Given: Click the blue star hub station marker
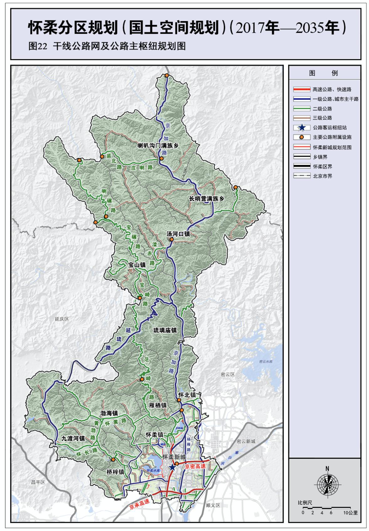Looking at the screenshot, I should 172,467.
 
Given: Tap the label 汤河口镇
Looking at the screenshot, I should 178,234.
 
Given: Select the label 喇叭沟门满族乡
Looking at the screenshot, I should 158,146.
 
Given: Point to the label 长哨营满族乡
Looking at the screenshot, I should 207,199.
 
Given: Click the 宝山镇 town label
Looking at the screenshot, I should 137,265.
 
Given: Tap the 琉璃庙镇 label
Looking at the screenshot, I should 165,330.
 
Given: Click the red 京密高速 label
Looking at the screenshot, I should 195,466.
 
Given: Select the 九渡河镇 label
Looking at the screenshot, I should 73,438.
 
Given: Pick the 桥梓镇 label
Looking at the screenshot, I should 115,472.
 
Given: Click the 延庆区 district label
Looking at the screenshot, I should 62,319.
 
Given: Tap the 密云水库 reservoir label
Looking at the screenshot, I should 266,362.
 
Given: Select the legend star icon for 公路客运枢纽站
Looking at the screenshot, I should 302,127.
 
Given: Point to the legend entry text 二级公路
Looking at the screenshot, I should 322,109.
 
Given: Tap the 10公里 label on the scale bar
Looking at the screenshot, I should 350,512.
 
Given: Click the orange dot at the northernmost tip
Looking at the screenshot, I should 167,76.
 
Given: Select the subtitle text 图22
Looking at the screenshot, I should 38,46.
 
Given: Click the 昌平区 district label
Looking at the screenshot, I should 38,482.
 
